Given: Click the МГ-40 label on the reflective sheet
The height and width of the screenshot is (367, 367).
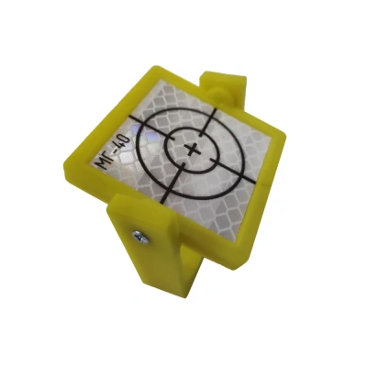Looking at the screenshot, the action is tap(114, 151).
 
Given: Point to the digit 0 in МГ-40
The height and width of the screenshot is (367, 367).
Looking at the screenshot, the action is tap(126, 140).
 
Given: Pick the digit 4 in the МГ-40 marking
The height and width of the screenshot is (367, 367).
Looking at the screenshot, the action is tap(120, 145).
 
